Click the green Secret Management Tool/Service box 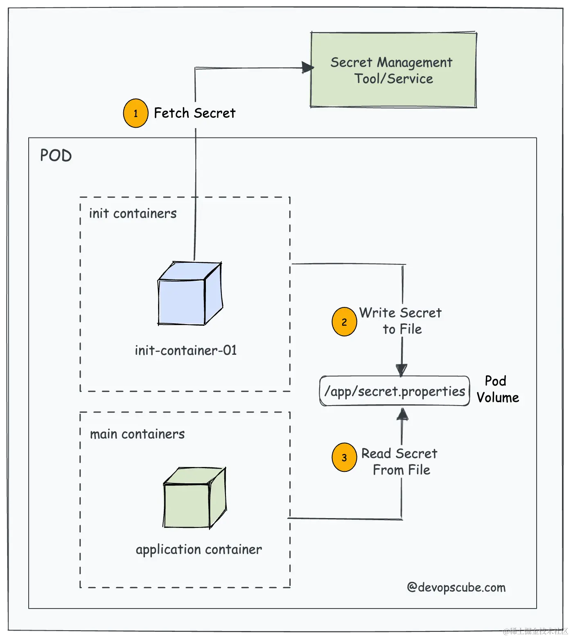[x=393, y=70]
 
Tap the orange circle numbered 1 [x=135, y=113]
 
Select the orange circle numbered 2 [x=344, y=322]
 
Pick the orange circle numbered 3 [x=344, y=457]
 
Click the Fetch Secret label [x=194, y=113]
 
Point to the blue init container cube [x=190, y=294]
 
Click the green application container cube [x=194, y=498]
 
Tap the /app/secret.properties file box [x=395, y=391]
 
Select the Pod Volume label [x=497, y=389]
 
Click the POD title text [x=56, y=156]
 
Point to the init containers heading [x=133, y=213]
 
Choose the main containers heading [x=137, y=434]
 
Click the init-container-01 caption [x=186, y=350]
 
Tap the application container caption [x=199, y=549]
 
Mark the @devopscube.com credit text [x=456, y=587]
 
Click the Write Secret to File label [x=400, y=321]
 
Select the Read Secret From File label [x=400, y=462]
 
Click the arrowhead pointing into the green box [x=307, y=68]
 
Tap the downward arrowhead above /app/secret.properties [x=402, y=370]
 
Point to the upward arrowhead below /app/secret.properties [x=402, y=414]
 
